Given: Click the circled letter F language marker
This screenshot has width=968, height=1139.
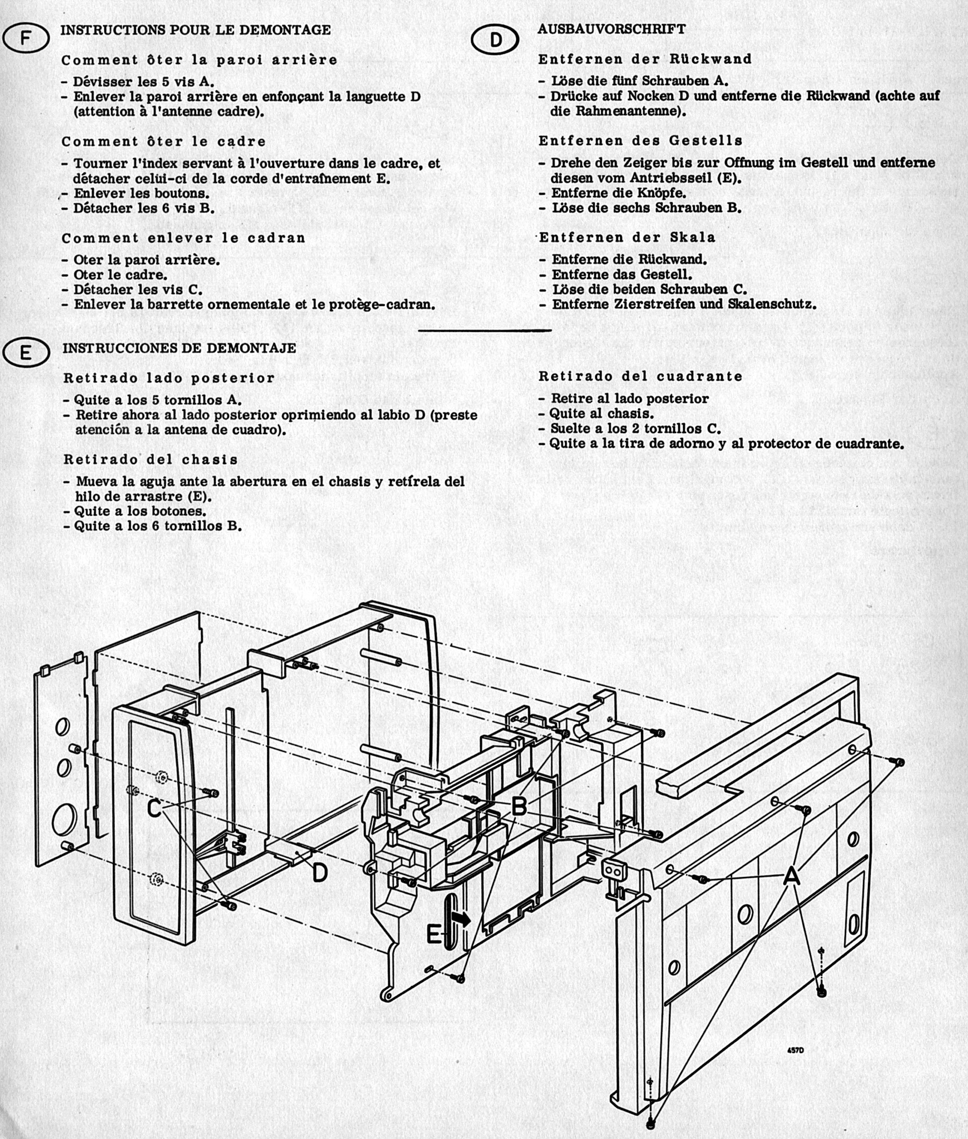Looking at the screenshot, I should click(x=26, y=39).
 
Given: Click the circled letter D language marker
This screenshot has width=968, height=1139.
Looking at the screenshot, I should click(x=495, y=40).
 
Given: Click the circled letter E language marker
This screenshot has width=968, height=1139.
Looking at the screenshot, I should click(x=26, y=353).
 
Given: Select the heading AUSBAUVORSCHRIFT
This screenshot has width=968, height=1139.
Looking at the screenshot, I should click(x=611, y=29).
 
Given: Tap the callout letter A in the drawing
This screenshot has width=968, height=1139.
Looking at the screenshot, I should click(x=791, y=876).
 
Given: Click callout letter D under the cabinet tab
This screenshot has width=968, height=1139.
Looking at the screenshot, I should click(x=319, y=873).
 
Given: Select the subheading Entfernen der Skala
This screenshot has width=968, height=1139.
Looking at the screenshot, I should click(x=627, y=237).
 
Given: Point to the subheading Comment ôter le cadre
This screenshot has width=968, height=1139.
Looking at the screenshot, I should click(x=163, y=141).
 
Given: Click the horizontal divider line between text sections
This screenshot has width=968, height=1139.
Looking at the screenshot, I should click(x=485, y=330).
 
